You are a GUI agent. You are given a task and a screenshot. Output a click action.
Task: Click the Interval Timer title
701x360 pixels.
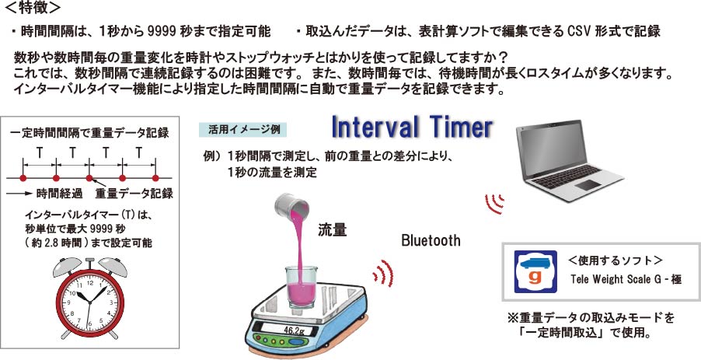412,127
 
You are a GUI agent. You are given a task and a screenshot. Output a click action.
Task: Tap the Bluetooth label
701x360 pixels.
431,240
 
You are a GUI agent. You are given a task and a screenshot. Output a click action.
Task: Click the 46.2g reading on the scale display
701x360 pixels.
294,330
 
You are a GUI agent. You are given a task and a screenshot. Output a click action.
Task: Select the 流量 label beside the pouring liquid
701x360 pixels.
332,230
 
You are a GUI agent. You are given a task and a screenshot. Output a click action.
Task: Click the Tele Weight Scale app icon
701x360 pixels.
535,272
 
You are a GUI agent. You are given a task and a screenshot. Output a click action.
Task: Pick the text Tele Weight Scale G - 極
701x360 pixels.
626,279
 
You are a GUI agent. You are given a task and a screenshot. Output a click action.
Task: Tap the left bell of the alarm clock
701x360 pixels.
67,267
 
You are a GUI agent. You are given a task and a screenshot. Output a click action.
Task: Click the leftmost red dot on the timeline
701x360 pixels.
23,178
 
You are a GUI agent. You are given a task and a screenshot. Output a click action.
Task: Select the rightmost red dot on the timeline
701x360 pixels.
155,178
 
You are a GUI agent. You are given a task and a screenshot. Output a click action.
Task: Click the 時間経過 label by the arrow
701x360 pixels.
59,194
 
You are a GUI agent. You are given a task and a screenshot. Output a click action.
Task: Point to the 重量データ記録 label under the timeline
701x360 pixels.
134,194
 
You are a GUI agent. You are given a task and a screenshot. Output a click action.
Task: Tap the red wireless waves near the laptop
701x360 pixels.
495,204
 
